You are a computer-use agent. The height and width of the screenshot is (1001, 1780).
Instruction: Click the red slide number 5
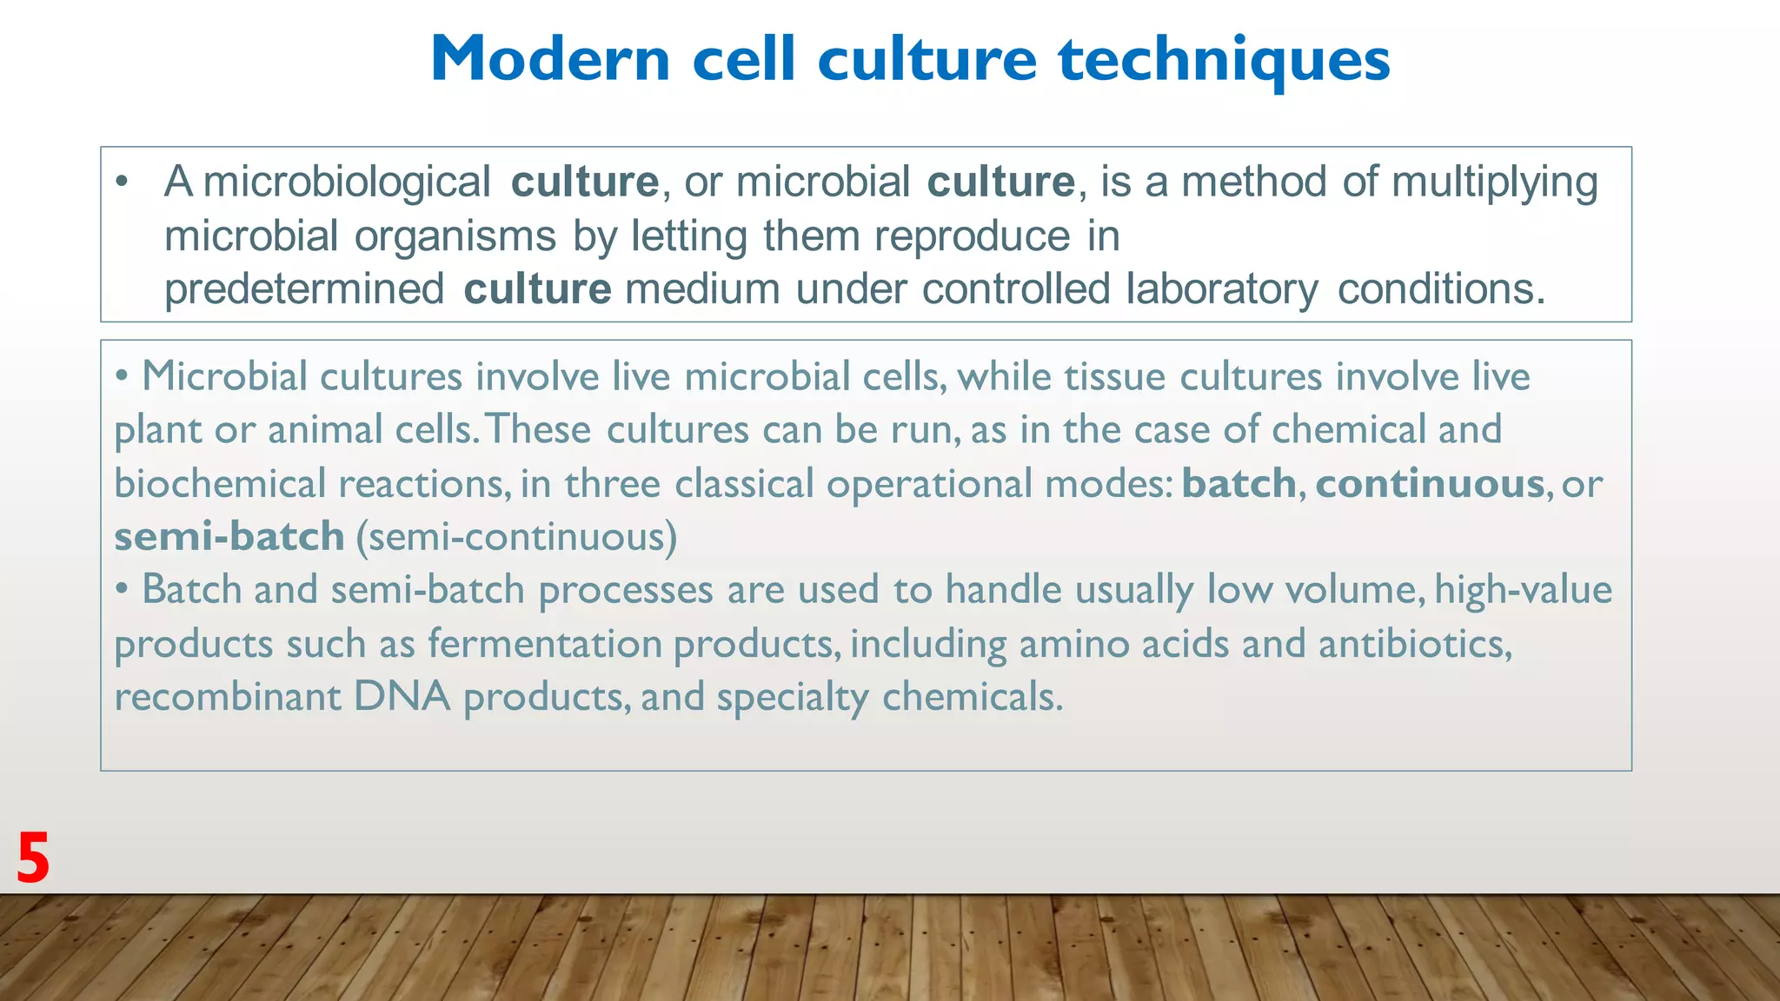click(x=33, y=858)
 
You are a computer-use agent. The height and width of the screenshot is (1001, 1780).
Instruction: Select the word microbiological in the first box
click(x=347, y=182)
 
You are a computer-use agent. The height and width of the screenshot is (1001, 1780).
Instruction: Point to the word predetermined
click(x=304, y=289)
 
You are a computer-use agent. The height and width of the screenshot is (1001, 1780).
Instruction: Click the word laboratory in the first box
click(x=1221, y=289)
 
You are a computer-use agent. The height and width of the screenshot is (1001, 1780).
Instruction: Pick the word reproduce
click(x=972, y=236)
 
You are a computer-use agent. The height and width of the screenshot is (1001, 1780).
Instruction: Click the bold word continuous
click(x=1430, y=483)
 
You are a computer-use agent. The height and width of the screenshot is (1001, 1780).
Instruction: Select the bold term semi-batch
click(x=229, y=536)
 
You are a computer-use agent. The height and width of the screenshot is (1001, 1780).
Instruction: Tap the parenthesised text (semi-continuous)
click(x=516, y=536)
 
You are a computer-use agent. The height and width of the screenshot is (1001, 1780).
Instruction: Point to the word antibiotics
click(x=1415, y=644)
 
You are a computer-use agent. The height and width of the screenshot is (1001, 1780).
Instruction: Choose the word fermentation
click(x=544, y=644)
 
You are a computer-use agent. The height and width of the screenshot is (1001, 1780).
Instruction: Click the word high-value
click(x=1523, y=590)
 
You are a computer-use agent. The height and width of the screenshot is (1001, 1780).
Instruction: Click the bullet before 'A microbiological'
click(x=122, y=182)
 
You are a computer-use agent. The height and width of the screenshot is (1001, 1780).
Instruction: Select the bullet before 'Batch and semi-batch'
click(x=123, y=590)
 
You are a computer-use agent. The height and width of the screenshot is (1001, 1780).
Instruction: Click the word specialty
click(x=792, y=698)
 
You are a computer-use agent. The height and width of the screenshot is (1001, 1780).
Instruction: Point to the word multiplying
click(x=1494, y=182)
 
